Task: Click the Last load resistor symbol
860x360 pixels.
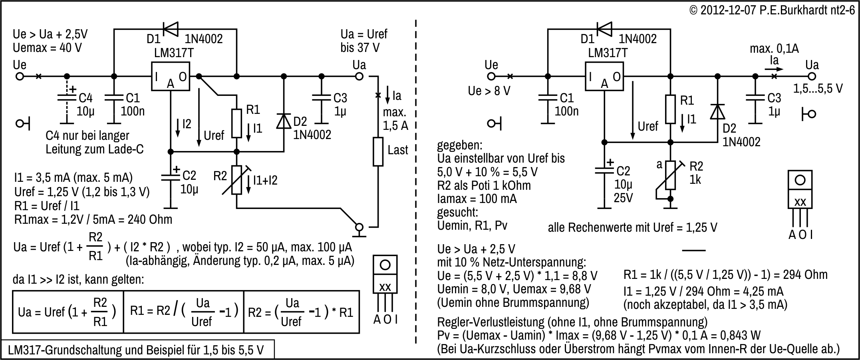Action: pyautogui.click(x=378, y=151)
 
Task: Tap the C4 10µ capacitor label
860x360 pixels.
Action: pyautogui.click(x=85, y=104)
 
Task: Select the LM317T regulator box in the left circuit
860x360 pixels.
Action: pyautogui.click(x=170, y=76)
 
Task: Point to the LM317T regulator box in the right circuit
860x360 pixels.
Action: pyautogui.click(x=604, y=76)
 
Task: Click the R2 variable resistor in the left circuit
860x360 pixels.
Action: pyautogui.click(x=236, y=180)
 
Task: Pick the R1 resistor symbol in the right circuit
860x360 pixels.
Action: pyautogui.click(x=670, y=109)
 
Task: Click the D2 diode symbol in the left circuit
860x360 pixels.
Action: pyautogui.click(x=284, y=121)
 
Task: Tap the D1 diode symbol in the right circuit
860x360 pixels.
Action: pyautogui.click(x=604, y=29)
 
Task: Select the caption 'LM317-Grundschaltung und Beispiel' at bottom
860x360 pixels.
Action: pyautogui.click(x=136, y=350)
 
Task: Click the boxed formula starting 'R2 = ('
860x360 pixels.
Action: pyautogui.click(x=301, y=312)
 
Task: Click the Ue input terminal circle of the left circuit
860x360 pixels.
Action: pyautogui.click(x=20, y=76)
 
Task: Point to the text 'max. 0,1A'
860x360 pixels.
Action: pyautogui.click(x=774, y=49)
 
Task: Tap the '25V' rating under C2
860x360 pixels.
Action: pyautogui.click(x=623, y=198)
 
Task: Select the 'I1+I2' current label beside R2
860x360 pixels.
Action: pyautogui.click(x=265, y=181)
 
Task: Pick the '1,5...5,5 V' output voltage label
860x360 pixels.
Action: pyautogui.click(x=818, y=89)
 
